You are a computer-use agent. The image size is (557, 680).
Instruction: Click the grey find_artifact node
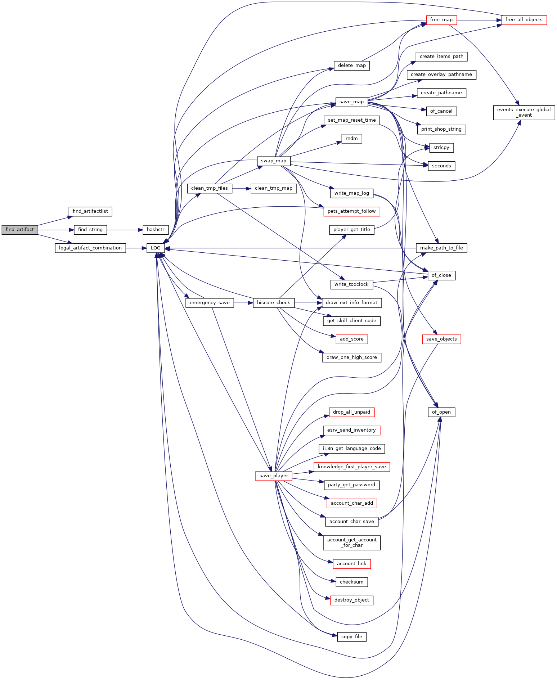pyautogui.click(x=20, y=230)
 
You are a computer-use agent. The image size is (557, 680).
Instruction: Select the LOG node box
pyautogui.click(x=156, y=248)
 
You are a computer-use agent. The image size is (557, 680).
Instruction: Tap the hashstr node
pyautogui.click(x=156, y=230)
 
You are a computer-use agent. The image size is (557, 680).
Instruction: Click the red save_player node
pyautogui.click(x=274, y=476)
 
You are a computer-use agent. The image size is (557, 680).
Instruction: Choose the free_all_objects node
pyautogui.click(x=524, y=20)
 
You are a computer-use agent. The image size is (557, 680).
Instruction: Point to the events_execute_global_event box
pyautogui.click(x=524, y=113)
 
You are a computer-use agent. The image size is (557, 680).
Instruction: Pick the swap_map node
pyautogui.click(x=274, y=161)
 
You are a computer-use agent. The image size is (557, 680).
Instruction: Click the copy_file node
pyautogui.click(x=352, y=637)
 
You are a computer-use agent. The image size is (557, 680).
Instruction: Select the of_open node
pyautogui.click(x=441, y=412)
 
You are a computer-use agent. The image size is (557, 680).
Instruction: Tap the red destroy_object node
pyautogui.click(x=352, y=600)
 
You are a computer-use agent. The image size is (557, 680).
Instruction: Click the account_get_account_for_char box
pyautogui.click(x=352, y=543)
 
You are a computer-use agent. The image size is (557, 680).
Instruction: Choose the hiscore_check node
pyautogui.click(x=274, y=303)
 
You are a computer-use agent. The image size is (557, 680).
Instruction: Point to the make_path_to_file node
pyautogui.click(x=441, y=248)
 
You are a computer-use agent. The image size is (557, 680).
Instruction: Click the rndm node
pyautogui.click(x=352, y=139)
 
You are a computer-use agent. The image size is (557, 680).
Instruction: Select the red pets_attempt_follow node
pyautogui.click(x=352, y=211)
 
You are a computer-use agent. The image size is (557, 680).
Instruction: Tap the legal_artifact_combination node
pyautogui.click(x=90, y=248)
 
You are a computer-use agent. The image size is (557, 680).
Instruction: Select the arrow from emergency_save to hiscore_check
pyautogui.click(x=243, y=303)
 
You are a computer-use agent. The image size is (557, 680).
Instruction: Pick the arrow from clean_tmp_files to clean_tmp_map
pyautogui.click(x=242, y=188)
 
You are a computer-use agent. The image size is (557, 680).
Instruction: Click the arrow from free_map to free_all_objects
pyautogui.click(x=479, y=20)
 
